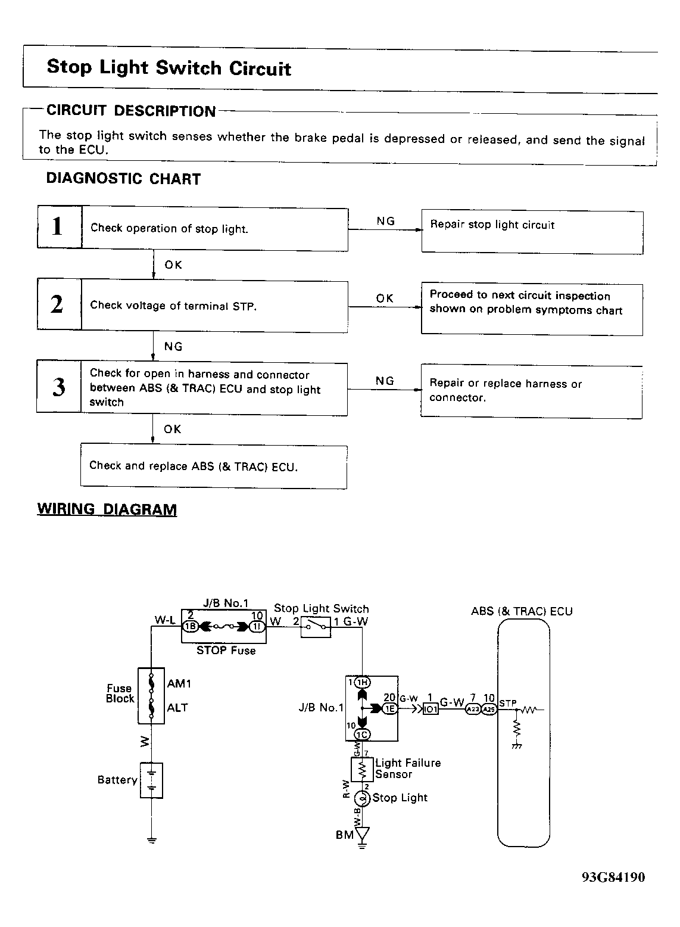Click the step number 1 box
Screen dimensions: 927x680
point(58,226)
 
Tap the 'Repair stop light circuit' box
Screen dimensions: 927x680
point(532,232)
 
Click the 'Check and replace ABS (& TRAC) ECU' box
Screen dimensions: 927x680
point(213,466)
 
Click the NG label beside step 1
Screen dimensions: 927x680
point(385,221)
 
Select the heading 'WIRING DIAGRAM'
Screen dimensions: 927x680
point(107,509)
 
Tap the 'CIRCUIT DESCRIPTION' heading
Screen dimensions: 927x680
point(131,111)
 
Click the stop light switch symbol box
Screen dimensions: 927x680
point(316,627)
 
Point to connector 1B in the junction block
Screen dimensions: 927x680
point(190,626)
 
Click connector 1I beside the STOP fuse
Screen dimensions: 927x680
point(257,626)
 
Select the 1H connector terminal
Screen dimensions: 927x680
point(362,683)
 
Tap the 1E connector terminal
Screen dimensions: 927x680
point(389,708)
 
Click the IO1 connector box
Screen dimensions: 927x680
point(431,709)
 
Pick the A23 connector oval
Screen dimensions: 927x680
point(472,709)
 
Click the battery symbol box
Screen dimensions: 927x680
point(151,780)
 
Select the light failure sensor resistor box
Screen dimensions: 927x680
point(362,770)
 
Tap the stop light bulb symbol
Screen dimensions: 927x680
point(362,798)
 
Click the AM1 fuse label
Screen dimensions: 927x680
point(179,684)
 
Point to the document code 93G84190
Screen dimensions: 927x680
point(613,877)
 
